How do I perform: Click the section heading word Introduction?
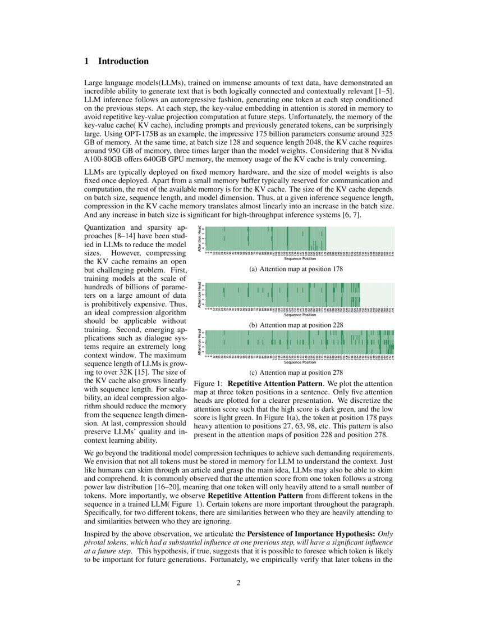123,61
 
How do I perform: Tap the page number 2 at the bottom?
238,582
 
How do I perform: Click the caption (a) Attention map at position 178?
296,269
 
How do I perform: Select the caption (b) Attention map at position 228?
296,325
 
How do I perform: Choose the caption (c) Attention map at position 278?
296,372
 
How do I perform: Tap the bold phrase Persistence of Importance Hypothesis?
311,534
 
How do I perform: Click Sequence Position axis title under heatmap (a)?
300,259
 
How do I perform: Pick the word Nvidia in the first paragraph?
381,152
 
